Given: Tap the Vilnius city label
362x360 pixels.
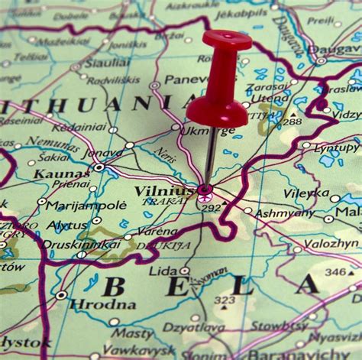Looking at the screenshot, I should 163,190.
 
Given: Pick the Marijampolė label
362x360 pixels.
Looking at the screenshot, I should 86,205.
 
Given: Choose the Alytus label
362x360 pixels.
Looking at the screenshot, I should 68,225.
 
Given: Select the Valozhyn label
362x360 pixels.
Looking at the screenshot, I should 331,243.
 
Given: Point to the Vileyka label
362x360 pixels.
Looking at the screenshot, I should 307,193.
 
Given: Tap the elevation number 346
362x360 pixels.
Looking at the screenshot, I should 335,272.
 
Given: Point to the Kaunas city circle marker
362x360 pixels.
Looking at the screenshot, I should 99,167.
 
